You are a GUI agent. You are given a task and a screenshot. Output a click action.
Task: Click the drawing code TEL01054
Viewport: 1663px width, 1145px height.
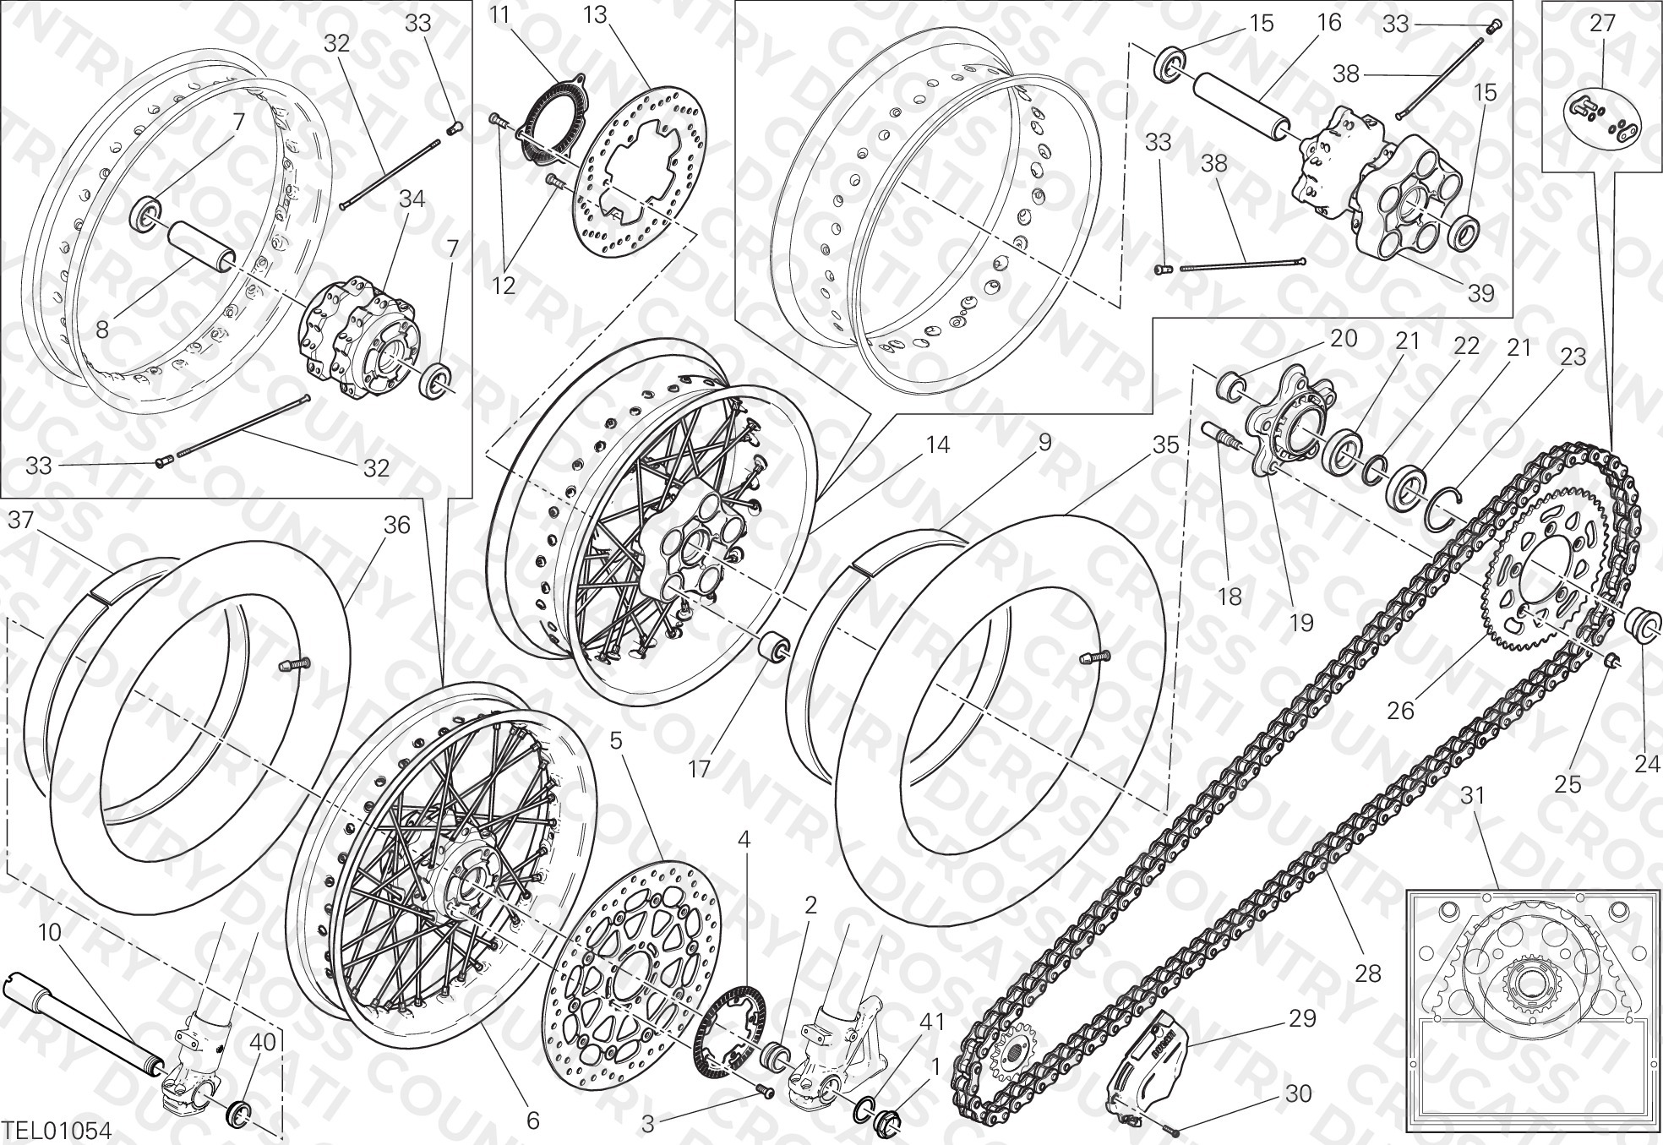pos(56,1130)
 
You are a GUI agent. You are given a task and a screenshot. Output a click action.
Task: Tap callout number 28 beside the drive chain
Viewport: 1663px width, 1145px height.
pos(1367,973)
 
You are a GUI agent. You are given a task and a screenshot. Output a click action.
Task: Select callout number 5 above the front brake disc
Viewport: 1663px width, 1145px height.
pos(616,741)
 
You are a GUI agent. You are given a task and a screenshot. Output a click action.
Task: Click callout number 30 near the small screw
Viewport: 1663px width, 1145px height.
pos(1298,1093)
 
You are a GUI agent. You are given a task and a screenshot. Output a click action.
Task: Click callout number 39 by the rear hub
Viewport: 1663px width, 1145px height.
pos(1480,293)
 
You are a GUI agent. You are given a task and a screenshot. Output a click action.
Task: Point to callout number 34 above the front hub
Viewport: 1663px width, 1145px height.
pos(412,199)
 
